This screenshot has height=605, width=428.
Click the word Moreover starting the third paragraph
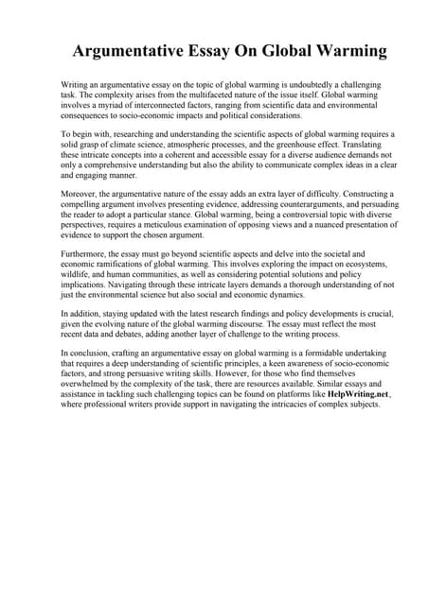[x=80, y=193]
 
